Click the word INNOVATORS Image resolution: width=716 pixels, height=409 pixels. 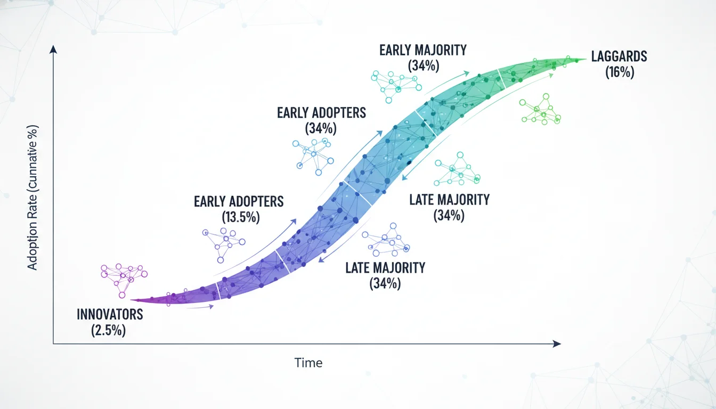[x=110, y=314]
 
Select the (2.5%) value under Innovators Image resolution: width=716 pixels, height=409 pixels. [x=109, y=330]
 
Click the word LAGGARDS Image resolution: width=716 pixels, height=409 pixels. [x=620, y=56]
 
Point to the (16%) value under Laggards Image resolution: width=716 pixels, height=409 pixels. [x=620, y=72]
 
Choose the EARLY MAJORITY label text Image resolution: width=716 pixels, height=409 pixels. [x=423, y=50]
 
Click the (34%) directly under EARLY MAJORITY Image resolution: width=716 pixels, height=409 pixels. [x=423, y=66]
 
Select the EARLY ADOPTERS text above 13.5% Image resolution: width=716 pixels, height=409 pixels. [x=239, y=201]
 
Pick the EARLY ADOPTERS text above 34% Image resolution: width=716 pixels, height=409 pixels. [x=321, y=113]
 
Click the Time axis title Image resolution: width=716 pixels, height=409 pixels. [x=308, y=363]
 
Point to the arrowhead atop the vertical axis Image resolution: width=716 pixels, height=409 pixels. [x=53, y=49]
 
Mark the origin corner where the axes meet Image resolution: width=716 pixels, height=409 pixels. [x=53, y=344]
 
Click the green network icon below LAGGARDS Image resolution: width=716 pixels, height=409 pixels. [x=540, y=110]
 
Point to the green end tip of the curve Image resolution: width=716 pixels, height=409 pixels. [x=585, y=60]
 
